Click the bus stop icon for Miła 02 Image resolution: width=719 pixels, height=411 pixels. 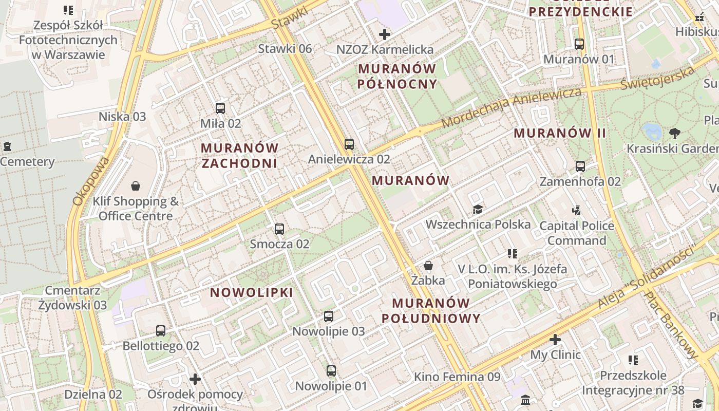click(220, 108)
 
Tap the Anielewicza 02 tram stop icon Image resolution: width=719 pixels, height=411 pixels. click(349, 144)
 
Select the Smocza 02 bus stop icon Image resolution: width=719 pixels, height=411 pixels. click(279, 229)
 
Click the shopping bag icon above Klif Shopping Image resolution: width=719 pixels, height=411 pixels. click(136, 186)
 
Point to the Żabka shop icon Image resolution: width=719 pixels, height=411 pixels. click(428, 266)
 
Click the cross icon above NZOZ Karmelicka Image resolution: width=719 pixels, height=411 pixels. click(384, 35)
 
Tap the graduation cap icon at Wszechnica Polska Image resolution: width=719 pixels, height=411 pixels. click(478, 209)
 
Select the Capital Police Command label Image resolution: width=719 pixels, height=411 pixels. click(577, 233)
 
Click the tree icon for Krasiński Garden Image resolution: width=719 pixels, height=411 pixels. click(675, 134)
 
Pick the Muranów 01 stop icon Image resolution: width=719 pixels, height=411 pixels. click(579, 44)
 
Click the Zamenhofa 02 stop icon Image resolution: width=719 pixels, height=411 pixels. click(580, 166)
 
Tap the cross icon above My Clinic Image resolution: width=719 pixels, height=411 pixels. click(555, 340)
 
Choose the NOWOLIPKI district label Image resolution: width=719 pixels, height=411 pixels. click(252, 293)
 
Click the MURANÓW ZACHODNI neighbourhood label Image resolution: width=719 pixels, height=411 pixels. click(239, 156)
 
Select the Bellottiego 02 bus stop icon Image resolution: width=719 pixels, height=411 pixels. click(161, 331)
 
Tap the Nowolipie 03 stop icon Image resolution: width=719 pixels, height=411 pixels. click(329, 316)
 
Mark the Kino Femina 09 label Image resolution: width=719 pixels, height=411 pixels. click(457, 377)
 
